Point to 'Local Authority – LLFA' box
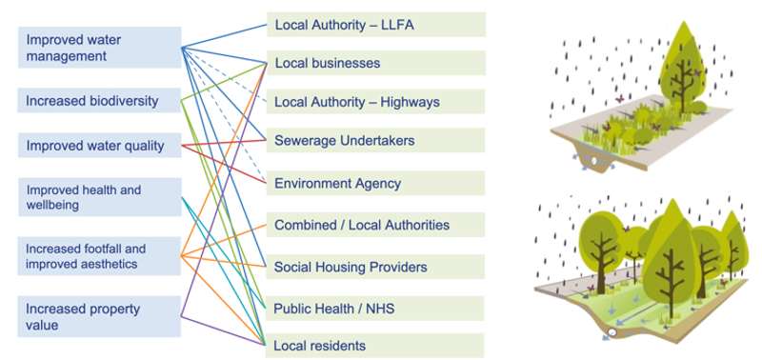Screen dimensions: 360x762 [x=375, y=24]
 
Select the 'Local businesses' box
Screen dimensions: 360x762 [x=375, y=64]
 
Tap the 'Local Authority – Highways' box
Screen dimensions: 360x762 [x=375, y=103]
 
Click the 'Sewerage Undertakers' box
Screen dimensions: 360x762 [x=375, y=141]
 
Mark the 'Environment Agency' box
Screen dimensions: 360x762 [x=375, y=183]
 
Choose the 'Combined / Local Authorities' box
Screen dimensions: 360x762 [x=375, y=226]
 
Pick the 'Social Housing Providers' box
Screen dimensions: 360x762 [x=375, y=267]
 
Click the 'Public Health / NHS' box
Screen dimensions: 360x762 [x=375, y=309]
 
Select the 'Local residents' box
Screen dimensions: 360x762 [x=375, y=344]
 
